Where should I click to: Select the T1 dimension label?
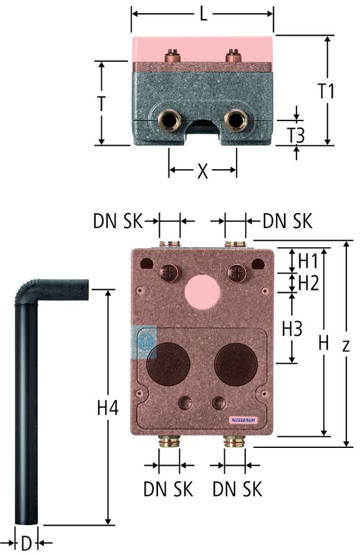pos(326,91)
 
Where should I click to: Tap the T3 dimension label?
pos(296,135)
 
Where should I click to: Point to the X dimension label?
pos(203,172)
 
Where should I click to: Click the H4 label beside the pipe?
pos(107,408)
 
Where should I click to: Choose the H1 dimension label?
pos(308,261)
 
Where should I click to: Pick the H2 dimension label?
pos(309,283)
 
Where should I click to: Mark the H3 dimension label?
pos(292,329)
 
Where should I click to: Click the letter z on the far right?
pos(346,345)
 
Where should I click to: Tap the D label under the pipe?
pos(27,544)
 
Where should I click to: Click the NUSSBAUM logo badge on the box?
pos(245,420)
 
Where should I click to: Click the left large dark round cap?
pos(168,364)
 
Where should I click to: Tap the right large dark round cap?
pos(236,364)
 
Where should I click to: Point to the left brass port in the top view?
pos(169,119)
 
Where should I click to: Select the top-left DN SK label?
pos(118,221)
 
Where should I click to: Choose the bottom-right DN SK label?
pos(237,489)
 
